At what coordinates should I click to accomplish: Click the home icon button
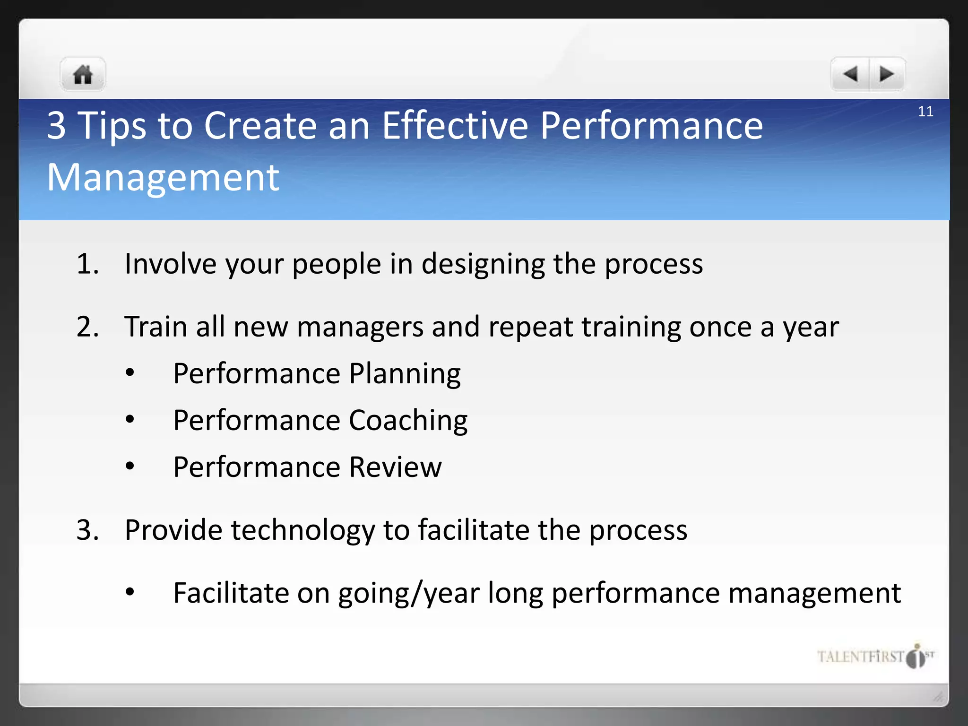[x=83, y=75]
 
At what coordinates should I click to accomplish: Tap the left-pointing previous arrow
[x=850, y=74]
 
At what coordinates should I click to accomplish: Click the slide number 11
[x=925, y=112]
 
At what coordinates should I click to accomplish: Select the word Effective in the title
[x=455, y=126]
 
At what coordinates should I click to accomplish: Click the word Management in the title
[x=163, y=178]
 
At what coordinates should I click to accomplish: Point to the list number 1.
[x=87, y=264]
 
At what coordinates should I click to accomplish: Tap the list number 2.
[x=87, y=327]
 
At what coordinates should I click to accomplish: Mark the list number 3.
[x=87, y=530]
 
